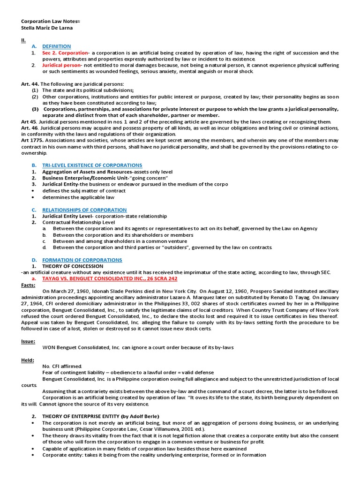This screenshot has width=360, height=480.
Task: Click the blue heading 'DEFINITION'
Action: click(x=56, y=46)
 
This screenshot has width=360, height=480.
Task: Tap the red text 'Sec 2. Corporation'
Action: click(x=65, y=53)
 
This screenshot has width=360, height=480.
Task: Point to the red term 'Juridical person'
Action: click(x=62, y=65)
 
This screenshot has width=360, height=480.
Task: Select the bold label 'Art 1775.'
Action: click(x=32, y=141)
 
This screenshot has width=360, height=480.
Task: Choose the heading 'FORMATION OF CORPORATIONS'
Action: click(x=82, y=260)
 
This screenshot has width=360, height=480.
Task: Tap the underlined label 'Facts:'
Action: click(x=29, y=285)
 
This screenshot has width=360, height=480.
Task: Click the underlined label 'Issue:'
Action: click(x=28, y=341)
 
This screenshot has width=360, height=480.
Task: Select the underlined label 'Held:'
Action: click(x=28, y=360)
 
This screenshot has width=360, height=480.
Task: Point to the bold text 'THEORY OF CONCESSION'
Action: click(x=73, y=266)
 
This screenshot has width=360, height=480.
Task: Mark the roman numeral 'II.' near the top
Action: click(x=23, y=40)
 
